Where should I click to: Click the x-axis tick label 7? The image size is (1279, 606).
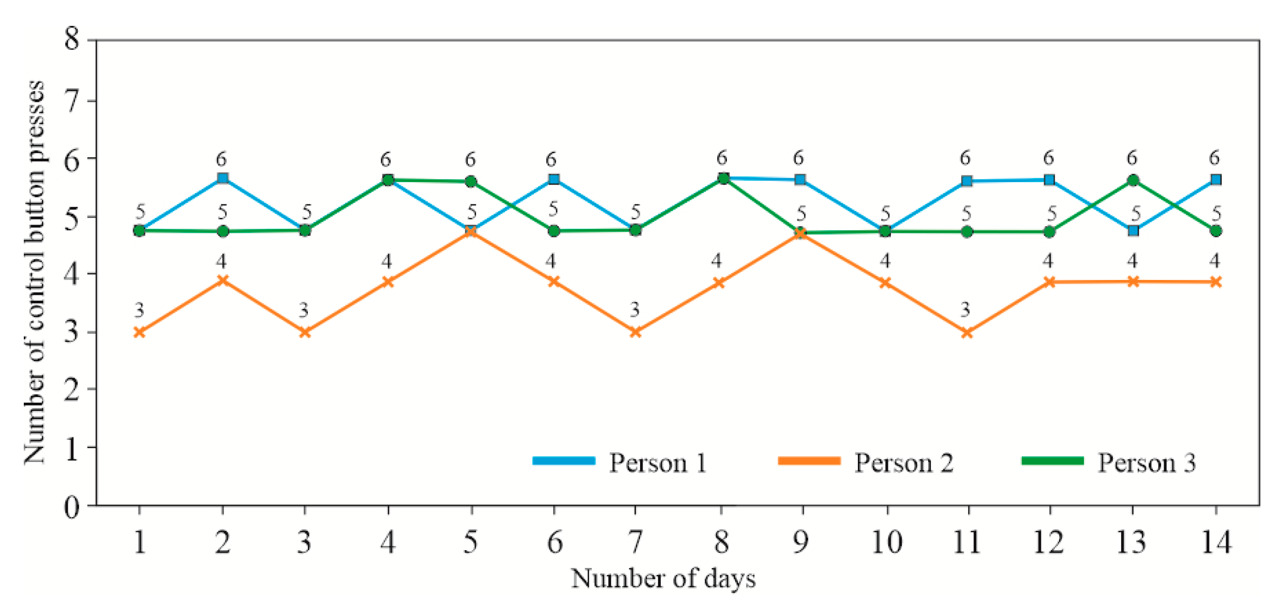[635, 542]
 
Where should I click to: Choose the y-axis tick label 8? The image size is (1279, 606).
[72, 38]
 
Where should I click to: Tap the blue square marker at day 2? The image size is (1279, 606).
[222, 179]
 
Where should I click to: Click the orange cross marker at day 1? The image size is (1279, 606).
[139, 332]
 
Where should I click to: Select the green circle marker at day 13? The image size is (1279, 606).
[1133, 180]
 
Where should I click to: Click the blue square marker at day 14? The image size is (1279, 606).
[1216, 180]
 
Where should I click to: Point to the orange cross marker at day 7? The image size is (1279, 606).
[635, 332]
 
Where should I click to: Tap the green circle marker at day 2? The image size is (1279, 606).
[222, 231]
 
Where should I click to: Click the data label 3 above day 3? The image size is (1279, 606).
[304, 310]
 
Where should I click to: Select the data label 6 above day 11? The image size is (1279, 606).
[965, 158]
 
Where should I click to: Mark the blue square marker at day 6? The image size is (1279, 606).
[554, 179]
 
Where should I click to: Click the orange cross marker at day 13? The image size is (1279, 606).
[1133, 282]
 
